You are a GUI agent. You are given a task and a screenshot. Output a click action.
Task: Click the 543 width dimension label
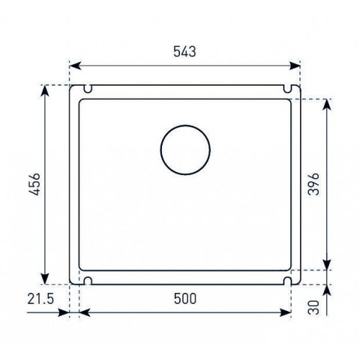coord(185,51)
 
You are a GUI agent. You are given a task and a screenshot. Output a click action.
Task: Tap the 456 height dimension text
coord(33,184)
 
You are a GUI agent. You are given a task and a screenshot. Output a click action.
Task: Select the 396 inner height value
coord(314,184)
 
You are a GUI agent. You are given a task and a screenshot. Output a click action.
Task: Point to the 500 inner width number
coord(185,299)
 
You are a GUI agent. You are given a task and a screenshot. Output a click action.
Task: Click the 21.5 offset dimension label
coord(40,299)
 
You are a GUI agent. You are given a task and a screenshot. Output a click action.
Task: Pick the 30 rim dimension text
coord(315,307)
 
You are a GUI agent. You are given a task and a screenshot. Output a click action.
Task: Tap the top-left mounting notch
coord(88,89)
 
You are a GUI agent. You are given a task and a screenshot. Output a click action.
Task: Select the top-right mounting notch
coord(287,89)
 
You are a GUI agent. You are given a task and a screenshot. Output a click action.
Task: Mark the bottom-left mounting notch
coord(88,281)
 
